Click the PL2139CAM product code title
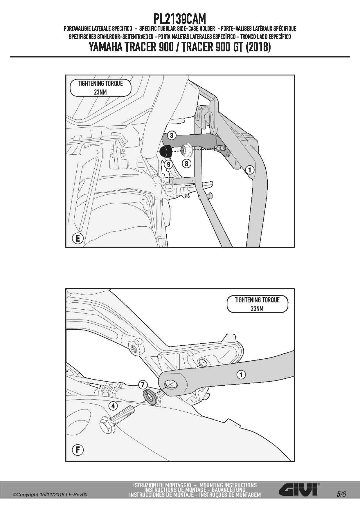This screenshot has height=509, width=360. pyautogui.click(x=180, y=19)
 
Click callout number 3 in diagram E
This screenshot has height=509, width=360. pyautogui.click(x=172, y=135)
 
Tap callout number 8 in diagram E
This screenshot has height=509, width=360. pyautogui.click(x=186, y=164)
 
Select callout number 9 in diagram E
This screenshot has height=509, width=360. pyautogui.click(x=168, y=165)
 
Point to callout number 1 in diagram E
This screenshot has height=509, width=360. pyautogui.click(x=249, y=169)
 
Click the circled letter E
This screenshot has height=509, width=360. pyautogui.click(x=78, y=238)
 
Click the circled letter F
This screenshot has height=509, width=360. pyautogui.click(x=78, y=450)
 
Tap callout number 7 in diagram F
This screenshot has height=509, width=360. pyautogui.click(x=143, y=385)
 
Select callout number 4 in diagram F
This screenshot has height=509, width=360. pyautogui.click(x=113, y=405)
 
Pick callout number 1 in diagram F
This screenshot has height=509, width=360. pyautogui.click(x=241, y=375)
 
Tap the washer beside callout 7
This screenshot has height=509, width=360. pyautogui.click(x=150, y=397)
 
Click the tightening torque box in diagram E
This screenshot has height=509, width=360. pyautogui.click(x=100, y=88)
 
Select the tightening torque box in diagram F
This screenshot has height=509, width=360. pyautogui.click(x=257, y=304)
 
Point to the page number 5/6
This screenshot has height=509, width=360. pyautogui.click(x=341, y=494)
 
